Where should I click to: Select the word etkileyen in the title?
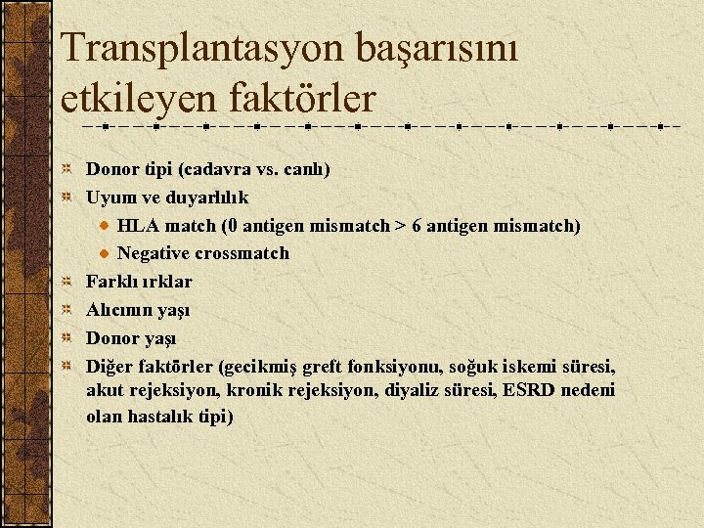click(134, 98)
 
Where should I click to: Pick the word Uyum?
click(107, 198)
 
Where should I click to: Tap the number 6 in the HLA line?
click(418, 226)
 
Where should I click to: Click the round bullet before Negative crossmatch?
click(104, 253)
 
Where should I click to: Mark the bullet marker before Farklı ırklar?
click(66, 282)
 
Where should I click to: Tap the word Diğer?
click(107, 367)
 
